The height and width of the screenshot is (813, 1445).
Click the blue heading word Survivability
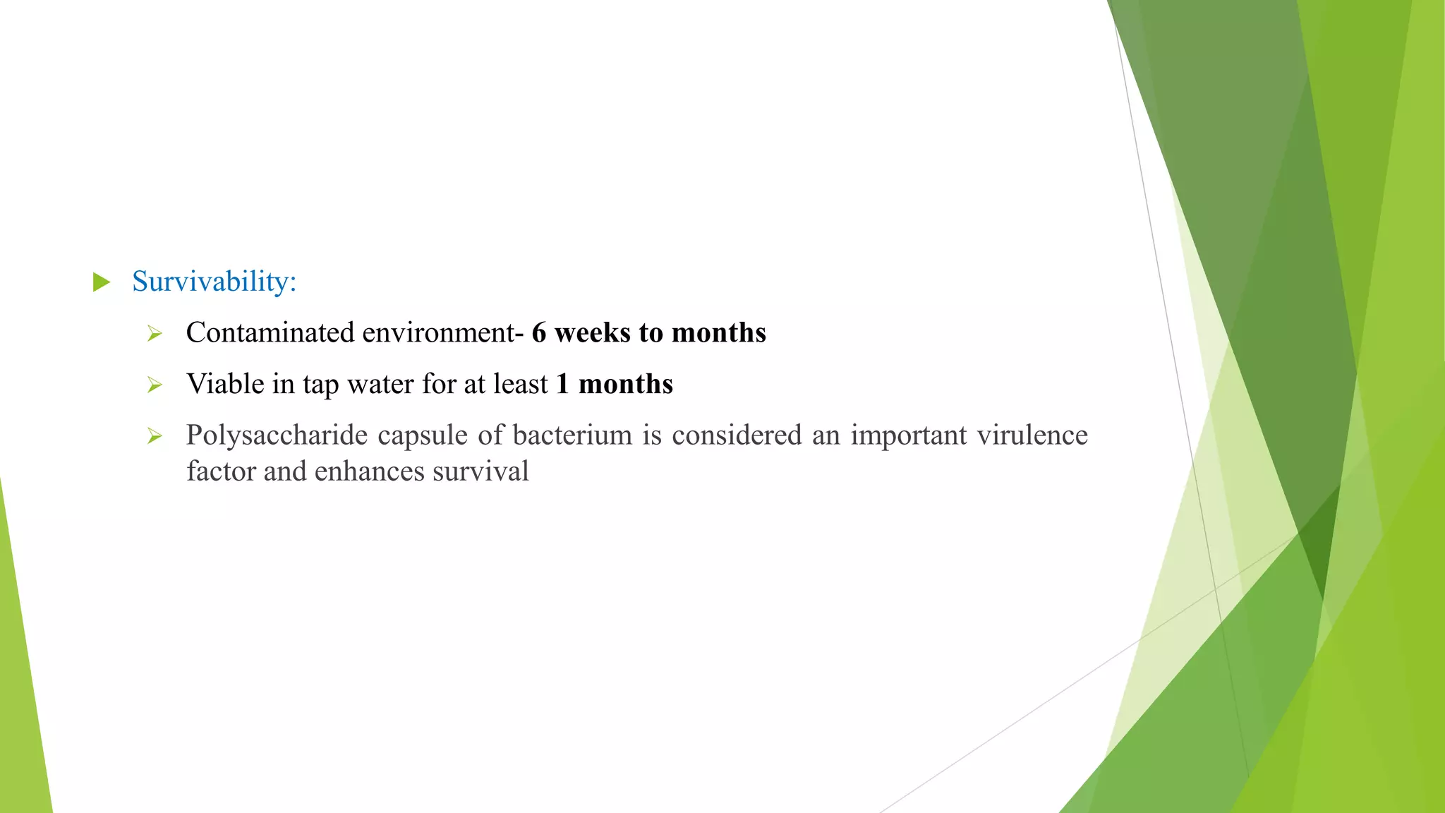[x=214, y=282]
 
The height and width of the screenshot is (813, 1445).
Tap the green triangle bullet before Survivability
[x=102, y=282]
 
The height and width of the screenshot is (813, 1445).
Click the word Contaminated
[x=270, y=332]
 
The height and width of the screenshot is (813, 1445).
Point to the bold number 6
[x=539, y=332]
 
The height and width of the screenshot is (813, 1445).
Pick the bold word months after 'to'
[x=718, y=332]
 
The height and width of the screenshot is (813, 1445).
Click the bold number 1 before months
[x=562, y=384]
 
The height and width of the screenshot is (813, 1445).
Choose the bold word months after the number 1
[x=626, y=384]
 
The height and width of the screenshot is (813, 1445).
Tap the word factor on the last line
[x=221, y=471]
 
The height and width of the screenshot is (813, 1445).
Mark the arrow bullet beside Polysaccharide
[x=155, y=437]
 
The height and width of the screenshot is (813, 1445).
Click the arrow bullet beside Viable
[x=155, y=385]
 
